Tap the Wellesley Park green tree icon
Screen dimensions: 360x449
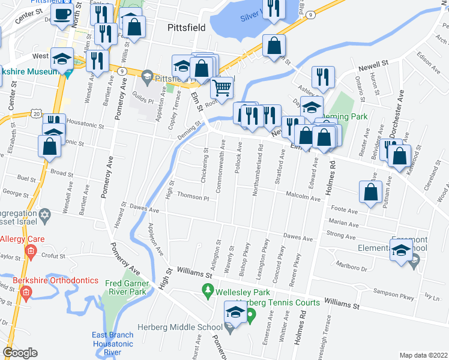click(208, 291)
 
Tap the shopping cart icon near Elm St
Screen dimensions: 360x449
click(221, 88)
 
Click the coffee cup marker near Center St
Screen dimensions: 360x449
click(62, 14)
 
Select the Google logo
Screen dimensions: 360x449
click(19, 353)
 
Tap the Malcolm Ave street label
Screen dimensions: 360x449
click(303, 195)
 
